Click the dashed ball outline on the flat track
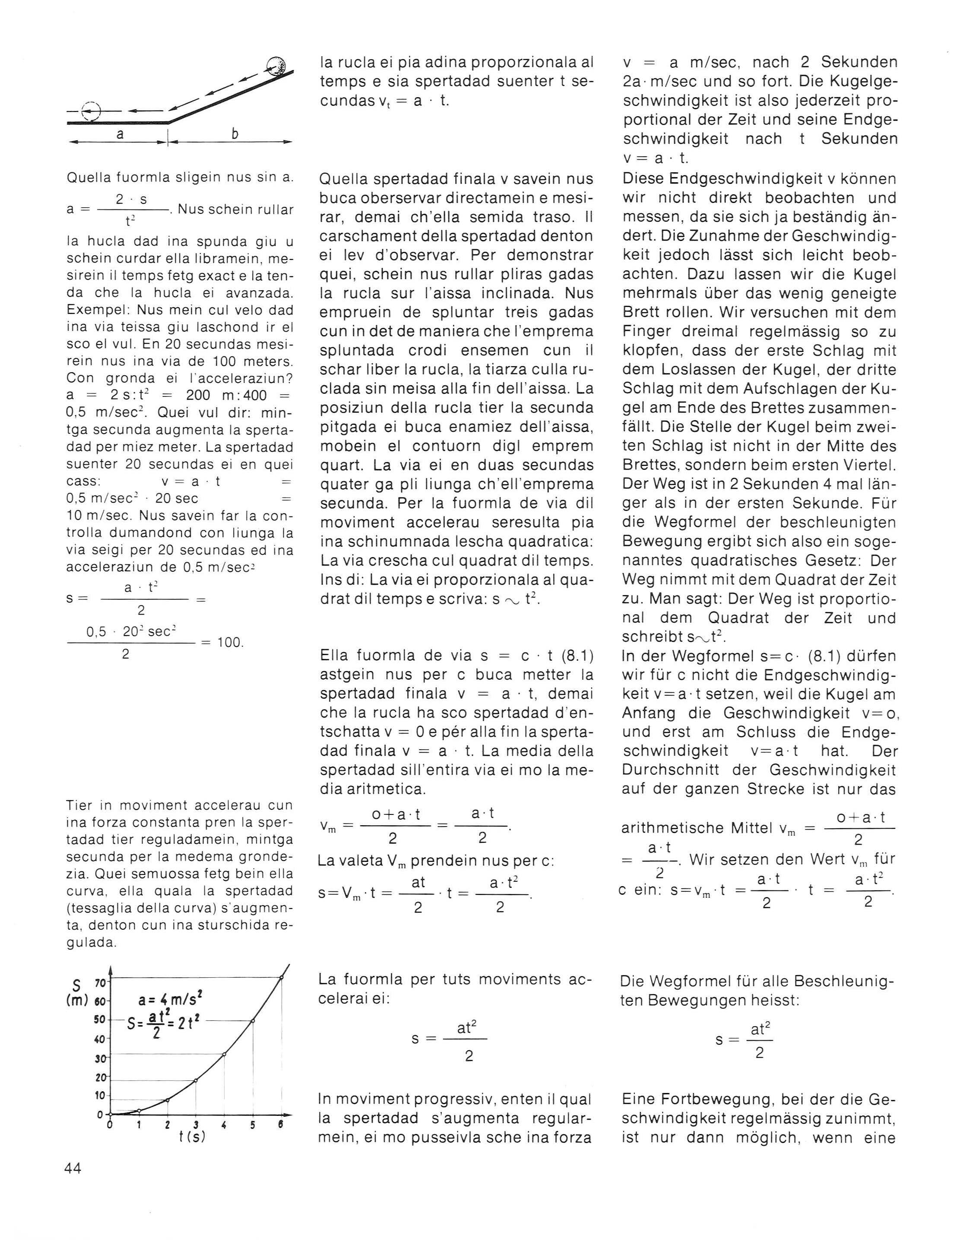click(x=90, y=110)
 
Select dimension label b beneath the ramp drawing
click(x=235, y=134)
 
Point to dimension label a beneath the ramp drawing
click(x=120, y=134)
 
